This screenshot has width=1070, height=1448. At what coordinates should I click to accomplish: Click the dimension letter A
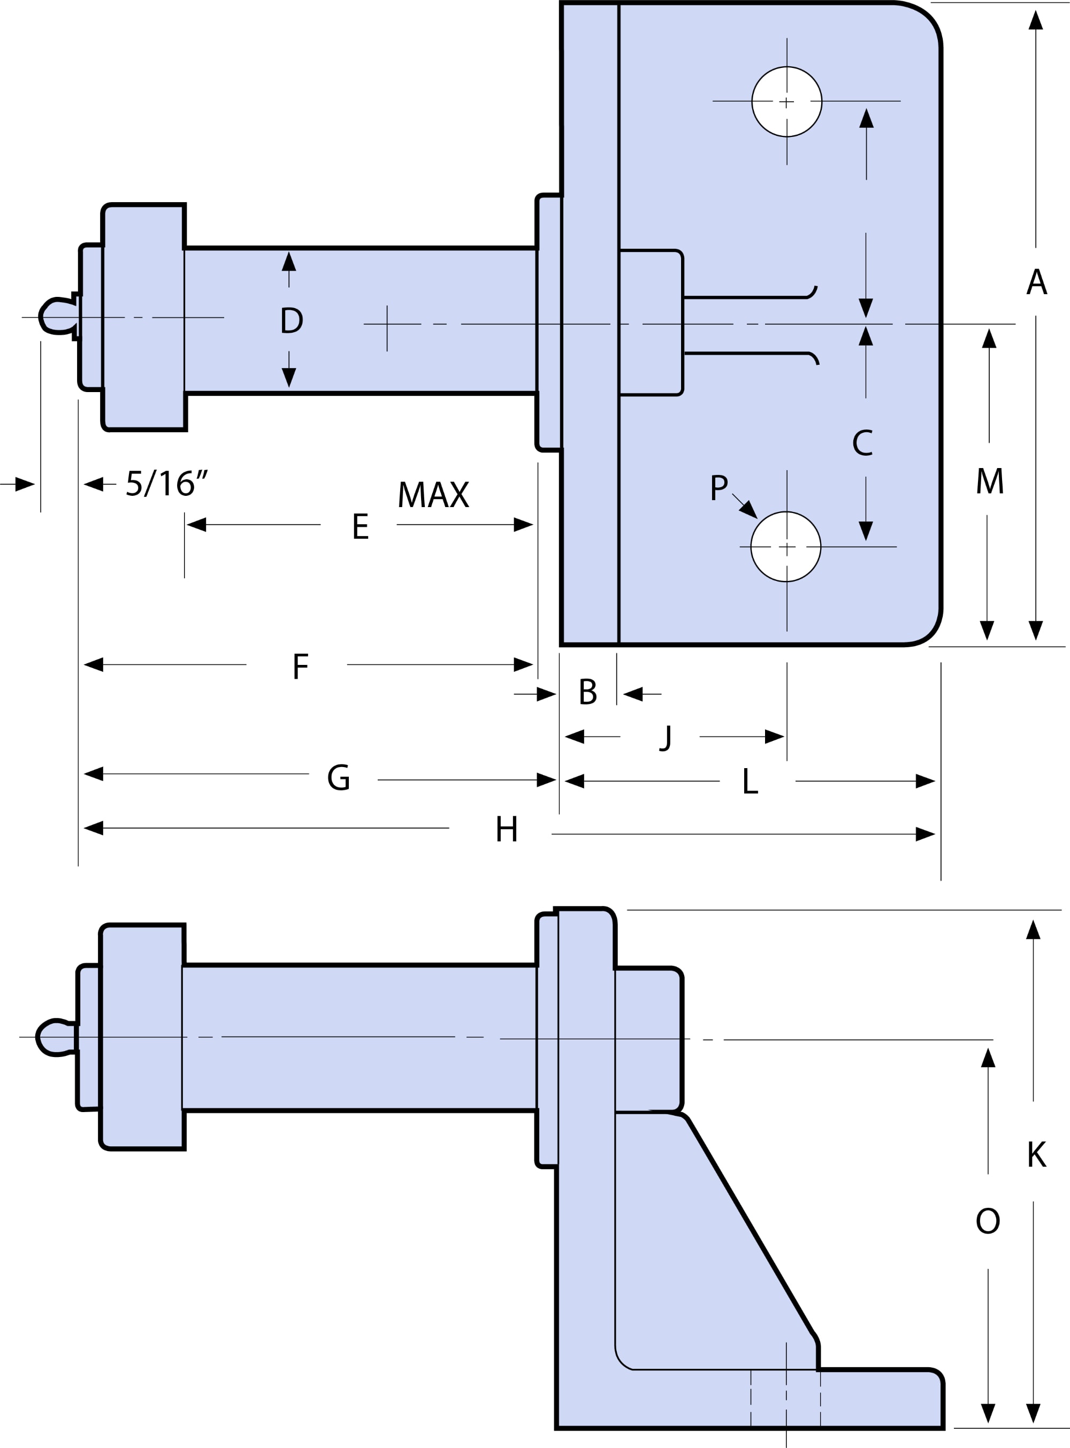coord(1037,282)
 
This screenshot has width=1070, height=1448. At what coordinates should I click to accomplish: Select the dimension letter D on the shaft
coord(292,320)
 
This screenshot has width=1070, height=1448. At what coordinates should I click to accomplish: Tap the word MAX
coord(433,495)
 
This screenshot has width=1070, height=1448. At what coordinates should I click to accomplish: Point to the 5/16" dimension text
coord(166,483)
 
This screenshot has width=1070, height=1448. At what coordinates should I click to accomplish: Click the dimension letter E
coord(361,526)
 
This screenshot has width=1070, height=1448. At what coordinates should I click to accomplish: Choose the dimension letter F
coord(301,666)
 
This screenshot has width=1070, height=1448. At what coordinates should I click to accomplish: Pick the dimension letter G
coord(338,777)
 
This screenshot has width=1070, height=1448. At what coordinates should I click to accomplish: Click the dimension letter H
coord(507,829)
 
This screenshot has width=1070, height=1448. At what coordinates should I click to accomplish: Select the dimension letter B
coord(587,692)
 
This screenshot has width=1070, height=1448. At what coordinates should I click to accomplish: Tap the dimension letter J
coord(666,738)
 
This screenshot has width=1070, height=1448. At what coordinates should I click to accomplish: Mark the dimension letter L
coord(750,781)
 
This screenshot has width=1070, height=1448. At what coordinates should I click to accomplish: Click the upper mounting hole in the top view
coord(787,102)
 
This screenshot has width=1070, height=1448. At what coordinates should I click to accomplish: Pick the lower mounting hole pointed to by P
coord(786,547)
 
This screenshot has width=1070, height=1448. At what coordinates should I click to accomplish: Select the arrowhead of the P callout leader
coord(750,510)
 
